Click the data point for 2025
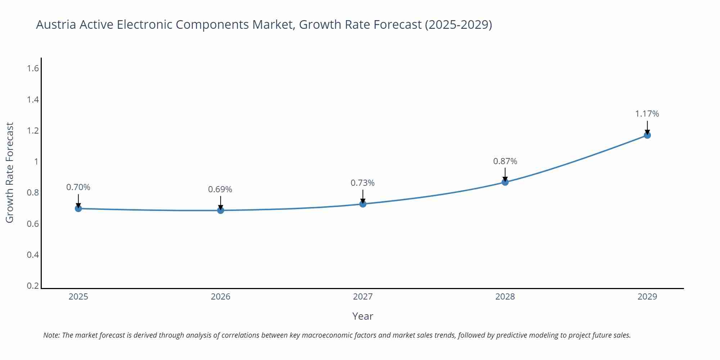pyautogui.click(x=78, y=208)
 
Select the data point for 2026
pyautogui.click(x=221, y=210)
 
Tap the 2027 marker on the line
pyautogui.click(x=363, y=204)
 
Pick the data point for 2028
pyautogui.click(x=505, y=182)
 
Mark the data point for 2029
pyautogui.click(x=647, y=135)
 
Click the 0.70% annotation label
pyautogui.click(x=78, y=187)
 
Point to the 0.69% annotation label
pyautogui.click(x=220, y=189)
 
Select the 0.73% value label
pyautogui.click(x=363, y=183)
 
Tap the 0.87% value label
pyautogui.click(x=505, y=161)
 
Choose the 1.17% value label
pyautogui.click(x=647, y=114)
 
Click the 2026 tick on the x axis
pyautogui.click(x=221, y=297)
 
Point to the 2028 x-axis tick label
pyautogui.click(x=505, y=297)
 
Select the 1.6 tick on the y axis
pyautogui.click(x=33, y=68)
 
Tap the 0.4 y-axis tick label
pyautogui.click(x=33, y=255)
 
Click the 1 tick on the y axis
pyautogui.click(x=36, y=162)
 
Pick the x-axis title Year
pyautogui.click(x=363, y=316)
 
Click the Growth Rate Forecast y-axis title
pyautogui.click(x=10, y=172)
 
